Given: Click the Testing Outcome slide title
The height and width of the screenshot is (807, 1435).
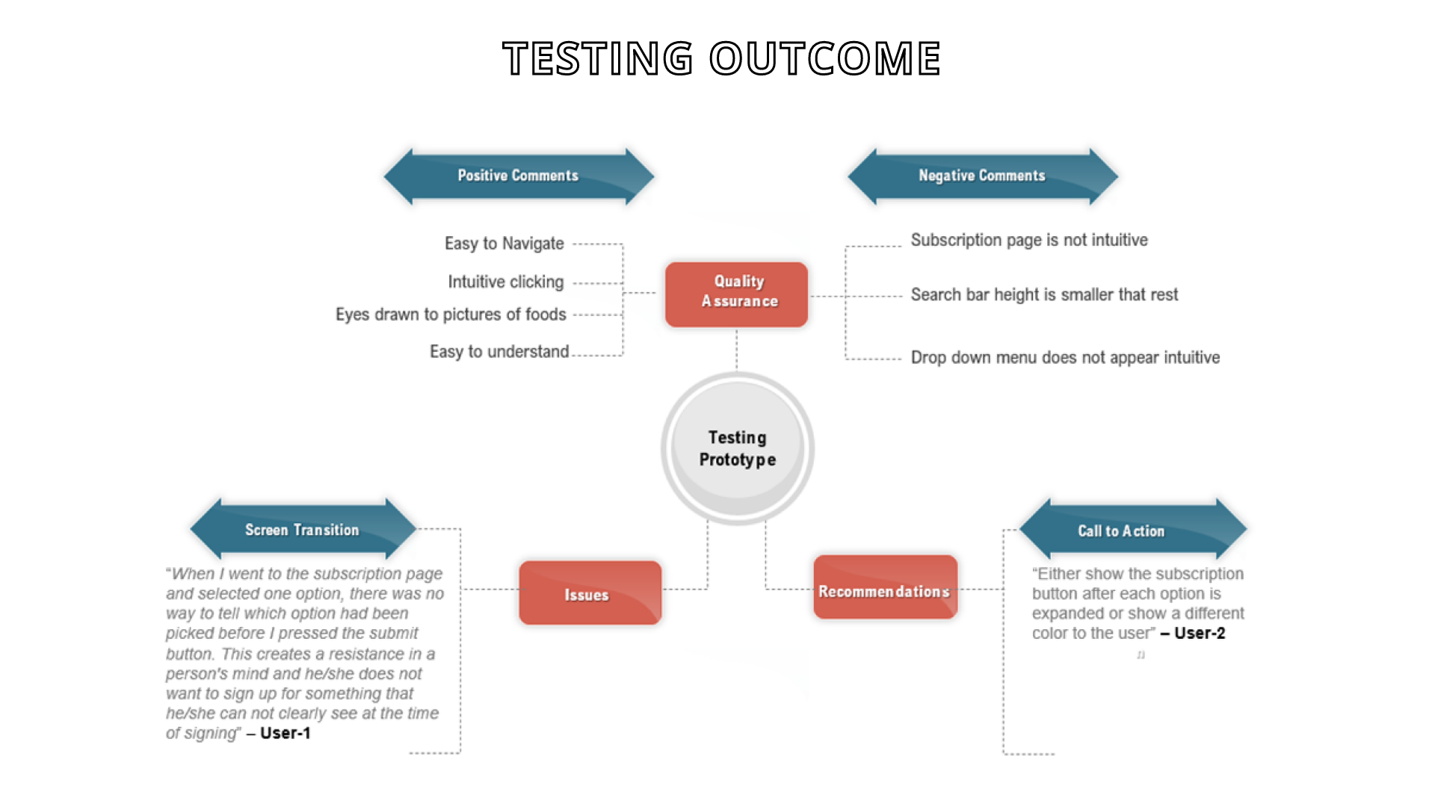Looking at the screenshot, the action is pyautogui.click(x=721, y=58).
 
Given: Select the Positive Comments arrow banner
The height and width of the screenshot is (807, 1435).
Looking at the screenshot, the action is pyautogui.click(x=519, y=176).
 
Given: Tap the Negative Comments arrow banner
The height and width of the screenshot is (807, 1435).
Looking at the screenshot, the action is pyautogui.click(x=983, y=176).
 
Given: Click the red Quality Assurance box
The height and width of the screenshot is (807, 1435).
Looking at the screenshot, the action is pyautogui.click(x=737, y=294).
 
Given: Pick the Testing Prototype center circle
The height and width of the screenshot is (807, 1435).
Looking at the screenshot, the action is pyautogui.click(x=738, y=448).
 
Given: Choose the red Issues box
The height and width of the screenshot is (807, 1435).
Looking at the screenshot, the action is pyautogui.click(x=590, y=593).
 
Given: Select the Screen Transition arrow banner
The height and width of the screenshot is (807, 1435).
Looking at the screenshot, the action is pyautogui.click(x=303, y=529).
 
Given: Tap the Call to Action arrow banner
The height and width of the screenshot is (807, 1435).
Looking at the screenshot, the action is pyautogui.click(x=1133, y=529).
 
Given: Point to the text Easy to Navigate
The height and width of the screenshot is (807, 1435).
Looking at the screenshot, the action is pyautogui.click(x=504, y=244).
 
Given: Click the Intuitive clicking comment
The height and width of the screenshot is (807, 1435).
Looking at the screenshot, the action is pyautogui.click(x=506, y=282).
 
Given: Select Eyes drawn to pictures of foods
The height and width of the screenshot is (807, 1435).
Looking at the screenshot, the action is pyautogui.click(x=451, y=315).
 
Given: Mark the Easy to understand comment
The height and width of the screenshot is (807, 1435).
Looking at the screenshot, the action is pyautogui.click(x=499, y=351).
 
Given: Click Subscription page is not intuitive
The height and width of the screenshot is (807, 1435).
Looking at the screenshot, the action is pyautogui.click(x=1029, y=240).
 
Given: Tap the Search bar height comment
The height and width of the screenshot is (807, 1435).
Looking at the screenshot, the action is pyautogui.click(x=1044, y=294).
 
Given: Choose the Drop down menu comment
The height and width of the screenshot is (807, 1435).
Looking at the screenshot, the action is pyautogui.click(x=1065, y=357).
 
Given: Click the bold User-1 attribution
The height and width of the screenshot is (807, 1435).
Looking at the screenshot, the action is pyautogui.click(x=286, y=733).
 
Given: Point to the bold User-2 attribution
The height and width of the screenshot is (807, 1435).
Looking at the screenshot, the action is pyautogui.click(x=1200, y=633).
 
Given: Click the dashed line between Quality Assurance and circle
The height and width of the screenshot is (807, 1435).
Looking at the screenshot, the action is pyautogui.click(x=737, y=350).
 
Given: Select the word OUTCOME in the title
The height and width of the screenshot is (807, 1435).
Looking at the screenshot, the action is pyautogui.click(x=825, y=58).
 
